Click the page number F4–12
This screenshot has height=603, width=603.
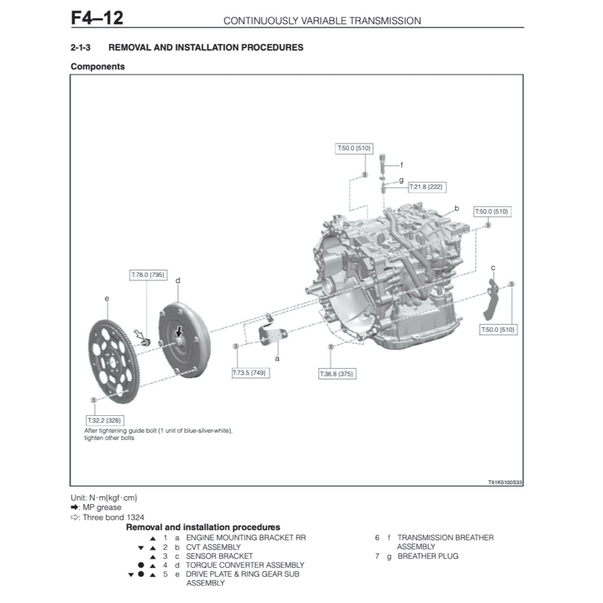(97, 18)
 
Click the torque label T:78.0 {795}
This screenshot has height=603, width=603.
(148, 274)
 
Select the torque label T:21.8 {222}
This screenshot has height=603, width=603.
(427, 187)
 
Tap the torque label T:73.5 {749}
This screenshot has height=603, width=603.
(251, 373)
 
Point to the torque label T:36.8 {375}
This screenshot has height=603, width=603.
(337, 374)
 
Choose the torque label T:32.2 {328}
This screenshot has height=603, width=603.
(104, 420)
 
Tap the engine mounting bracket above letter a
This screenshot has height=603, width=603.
(272, 334)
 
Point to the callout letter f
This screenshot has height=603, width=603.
(402, 165)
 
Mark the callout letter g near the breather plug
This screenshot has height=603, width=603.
(401, 180)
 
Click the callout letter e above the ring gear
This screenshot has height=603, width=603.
(107, 299)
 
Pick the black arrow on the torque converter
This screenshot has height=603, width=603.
(179, 333)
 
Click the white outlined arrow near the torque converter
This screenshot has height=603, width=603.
(140, 336)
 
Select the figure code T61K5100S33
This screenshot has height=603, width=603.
(505, 482)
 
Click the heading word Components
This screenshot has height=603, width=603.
(98, 67)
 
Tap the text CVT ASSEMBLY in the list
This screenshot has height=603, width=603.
(213, 547)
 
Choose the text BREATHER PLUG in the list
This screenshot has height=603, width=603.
(428, 556)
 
